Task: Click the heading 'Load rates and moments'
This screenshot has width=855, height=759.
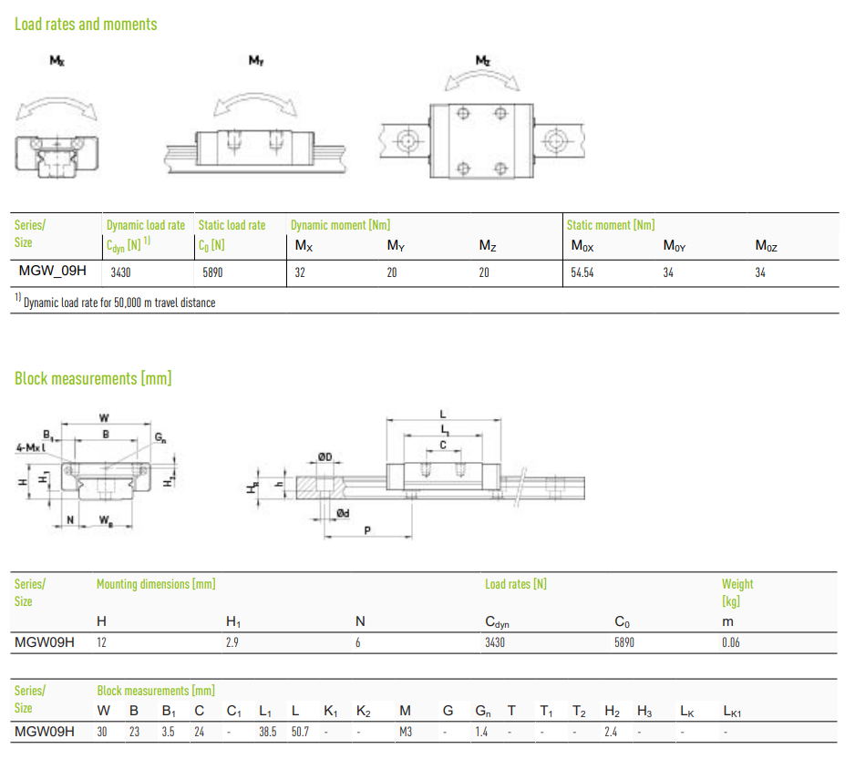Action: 86,25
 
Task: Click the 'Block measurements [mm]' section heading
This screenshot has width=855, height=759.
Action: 93,378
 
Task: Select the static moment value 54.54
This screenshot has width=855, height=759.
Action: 582,272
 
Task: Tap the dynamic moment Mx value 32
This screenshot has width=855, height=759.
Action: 300,272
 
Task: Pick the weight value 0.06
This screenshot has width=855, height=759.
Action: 731,643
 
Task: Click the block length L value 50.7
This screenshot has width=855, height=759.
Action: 300,732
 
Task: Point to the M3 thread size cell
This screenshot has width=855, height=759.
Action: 405,732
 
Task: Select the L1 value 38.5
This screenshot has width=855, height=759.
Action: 268,732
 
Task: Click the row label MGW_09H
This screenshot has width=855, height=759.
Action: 52,271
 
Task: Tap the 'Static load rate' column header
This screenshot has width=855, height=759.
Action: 232,225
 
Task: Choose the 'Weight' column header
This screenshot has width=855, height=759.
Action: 737,584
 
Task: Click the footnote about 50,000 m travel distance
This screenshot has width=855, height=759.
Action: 115,302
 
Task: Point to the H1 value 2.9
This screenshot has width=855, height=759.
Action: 232,643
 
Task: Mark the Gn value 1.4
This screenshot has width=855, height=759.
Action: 481,732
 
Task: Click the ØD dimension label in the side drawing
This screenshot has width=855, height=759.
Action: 325,456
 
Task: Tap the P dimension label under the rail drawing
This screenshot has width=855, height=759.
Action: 367,530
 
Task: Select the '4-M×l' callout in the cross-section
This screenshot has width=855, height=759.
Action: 31,447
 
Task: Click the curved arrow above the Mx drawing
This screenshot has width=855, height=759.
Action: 57,101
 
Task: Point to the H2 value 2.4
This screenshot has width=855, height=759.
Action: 611,732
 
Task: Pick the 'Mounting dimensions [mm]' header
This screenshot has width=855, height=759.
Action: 156,584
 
